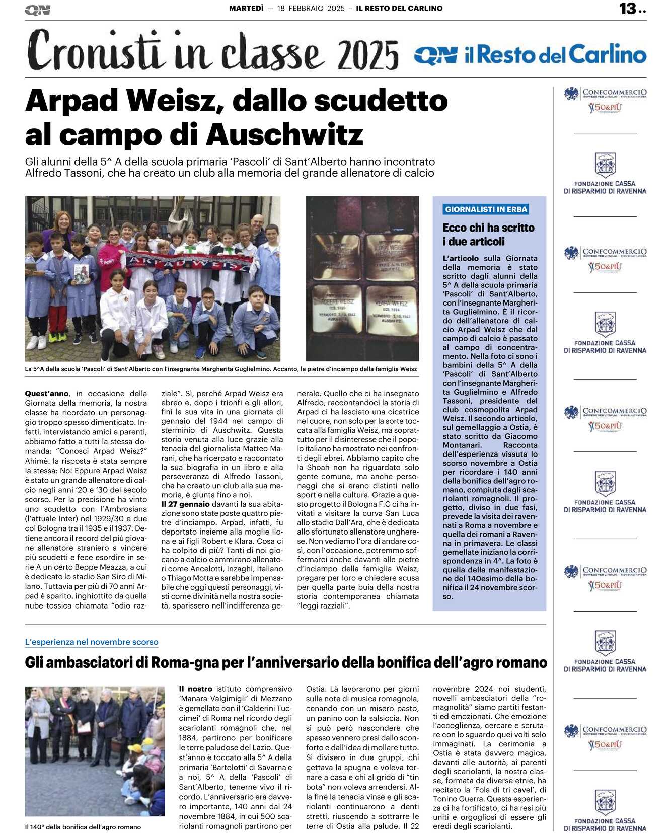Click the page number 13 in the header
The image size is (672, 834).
coord(628,9)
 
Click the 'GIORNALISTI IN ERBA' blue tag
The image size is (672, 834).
coord(486,209)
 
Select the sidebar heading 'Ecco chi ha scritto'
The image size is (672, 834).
coord(488,228)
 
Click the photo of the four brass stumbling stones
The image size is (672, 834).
coord(362,278)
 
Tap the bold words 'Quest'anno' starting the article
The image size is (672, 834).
coord(47,394)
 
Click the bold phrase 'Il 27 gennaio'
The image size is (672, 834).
coord(185,504)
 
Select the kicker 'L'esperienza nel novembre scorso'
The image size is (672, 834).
coord(92,642)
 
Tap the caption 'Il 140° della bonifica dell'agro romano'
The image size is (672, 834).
coord(83,827)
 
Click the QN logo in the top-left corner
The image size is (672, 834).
coord(37,10)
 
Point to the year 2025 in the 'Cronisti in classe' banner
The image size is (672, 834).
coord(368,55)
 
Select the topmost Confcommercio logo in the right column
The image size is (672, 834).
coord(605,100)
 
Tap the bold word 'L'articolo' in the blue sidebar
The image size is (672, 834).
coord(461,258)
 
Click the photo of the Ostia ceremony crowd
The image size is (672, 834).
coord(95,751)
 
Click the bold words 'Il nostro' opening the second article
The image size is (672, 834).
coord(196,689)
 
